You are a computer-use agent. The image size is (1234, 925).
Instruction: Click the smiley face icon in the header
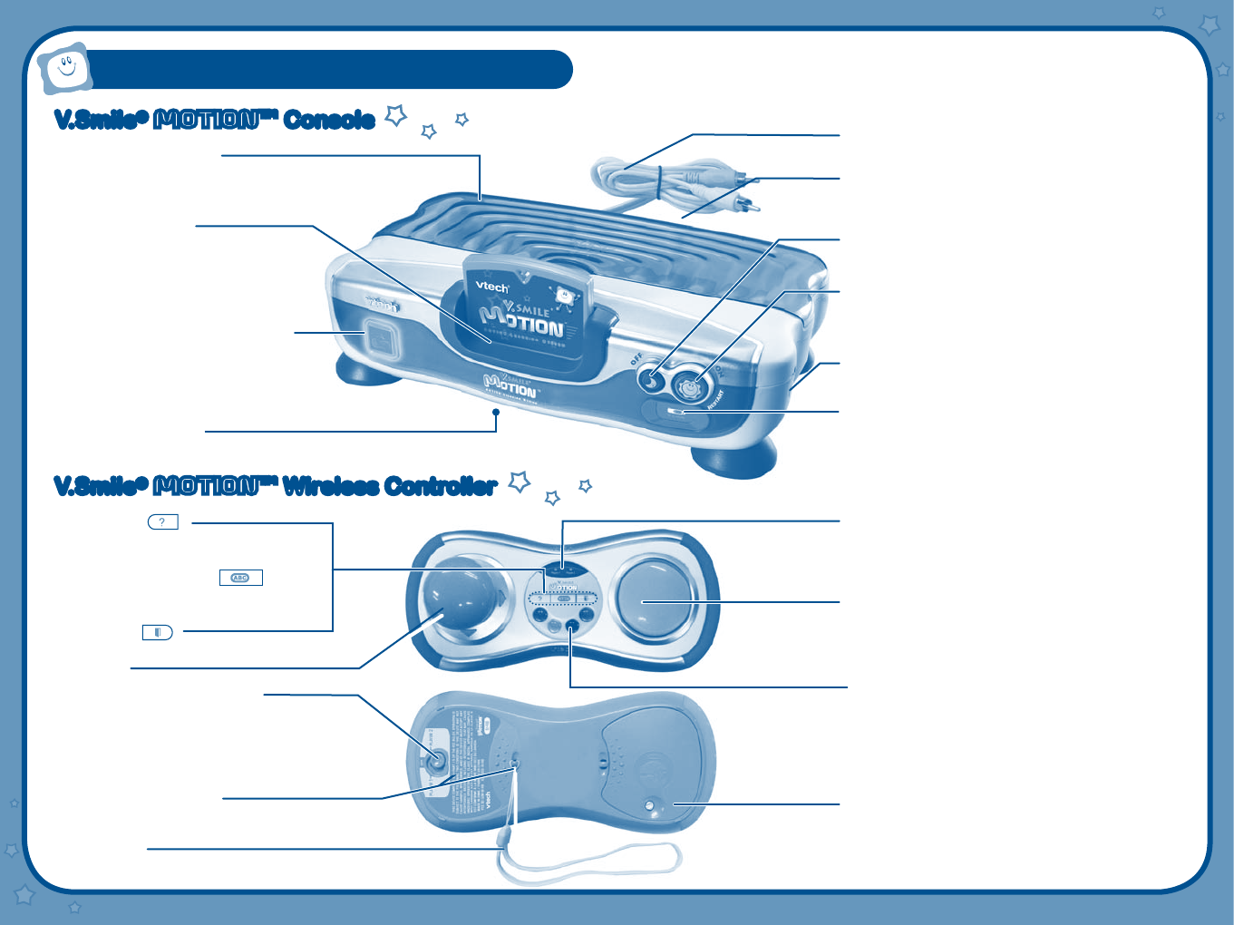(65, 68)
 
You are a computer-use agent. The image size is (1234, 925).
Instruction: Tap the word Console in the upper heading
(329, 120)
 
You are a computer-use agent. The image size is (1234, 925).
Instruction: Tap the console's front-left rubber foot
(367, 371)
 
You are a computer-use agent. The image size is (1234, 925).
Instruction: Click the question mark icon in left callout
(162, 522)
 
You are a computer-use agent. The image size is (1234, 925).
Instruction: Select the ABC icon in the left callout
(240, 578)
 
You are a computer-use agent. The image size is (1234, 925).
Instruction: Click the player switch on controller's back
(437, 761)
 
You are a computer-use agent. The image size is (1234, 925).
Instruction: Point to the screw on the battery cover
(652, 805)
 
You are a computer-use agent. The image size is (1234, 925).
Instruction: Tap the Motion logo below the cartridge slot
(510, 386)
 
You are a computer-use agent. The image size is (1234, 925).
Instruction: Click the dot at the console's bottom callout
(496, 412)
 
